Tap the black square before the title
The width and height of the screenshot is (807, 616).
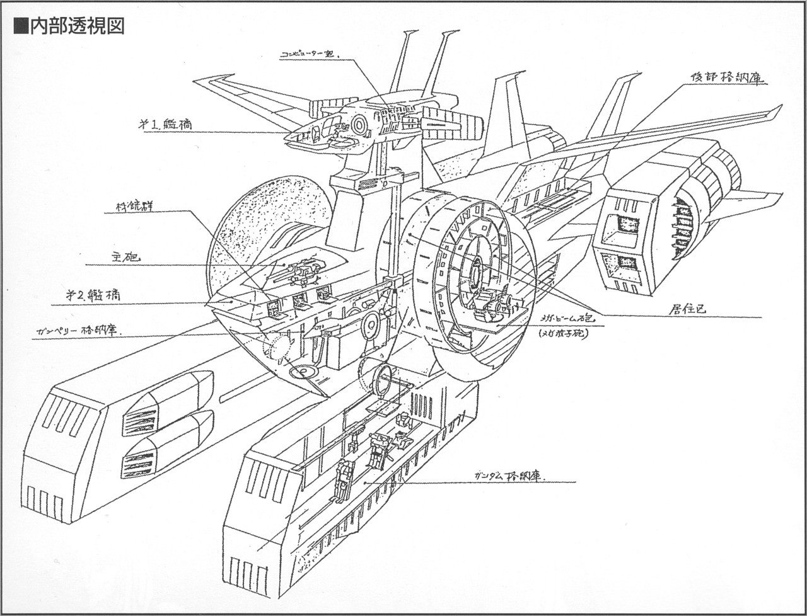21,26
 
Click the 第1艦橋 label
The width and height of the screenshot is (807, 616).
165,123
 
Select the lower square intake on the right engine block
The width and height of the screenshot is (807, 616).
622,264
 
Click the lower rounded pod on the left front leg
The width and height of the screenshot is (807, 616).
169,443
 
